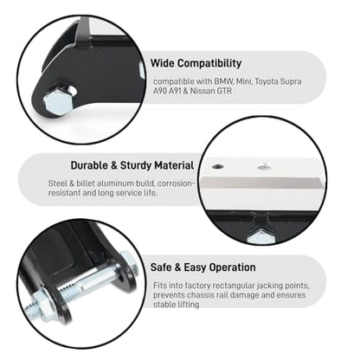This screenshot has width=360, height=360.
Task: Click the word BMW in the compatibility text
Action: pyautogui.click(x=224, y=81)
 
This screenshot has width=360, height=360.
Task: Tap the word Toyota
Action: pyautogui.click(x=267, y=81)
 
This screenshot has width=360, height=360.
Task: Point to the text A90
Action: pyautogui.click(x=159, y=91)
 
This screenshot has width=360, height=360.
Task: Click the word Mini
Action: pyautogui.click(x=244, y=81)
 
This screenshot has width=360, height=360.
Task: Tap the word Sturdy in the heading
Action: pyautogui.click(x=136, y=166)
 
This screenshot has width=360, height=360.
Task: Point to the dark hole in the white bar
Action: pyautogui.click(x=218, y=166)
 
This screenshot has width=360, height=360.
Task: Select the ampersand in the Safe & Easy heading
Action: pyautogui.click(x=177, y=267)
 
